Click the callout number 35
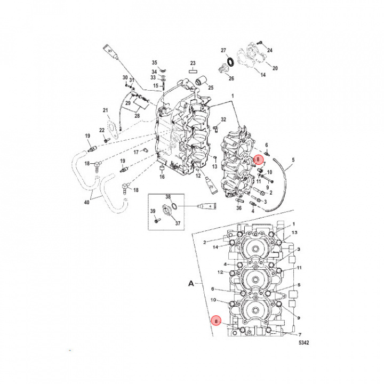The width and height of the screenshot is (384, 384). coord(155,63)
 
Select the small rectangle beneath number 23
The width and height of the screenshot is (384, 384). coord(193,70)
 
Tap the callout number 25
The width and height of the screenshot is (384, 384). coord(211,88)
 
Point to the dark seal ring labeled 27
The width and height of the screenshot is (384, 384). coord(230,62)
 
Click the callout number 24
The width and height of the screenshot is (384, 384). coord(269,50)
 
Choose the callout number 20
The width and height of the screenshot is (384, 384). coord(275,68)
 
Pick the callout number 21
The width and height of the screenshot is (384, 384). coord(106,110)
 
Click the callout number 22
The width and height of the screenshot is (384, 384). coord(101,131)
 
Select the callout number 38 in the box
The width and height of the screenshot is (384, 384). coord(167,197)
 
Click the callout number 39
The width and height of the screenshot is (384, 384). coord(153,212)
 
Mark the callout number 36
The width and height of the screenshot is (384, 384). coord(239,208)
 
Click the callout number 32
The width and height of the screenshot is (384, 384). coord(223,119)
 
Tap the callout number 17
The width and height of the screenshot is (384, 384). coord(136,151)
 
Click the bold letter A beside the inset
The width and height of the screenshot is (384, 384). coord(190,285)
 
